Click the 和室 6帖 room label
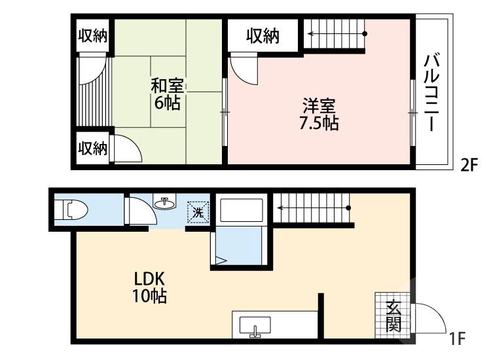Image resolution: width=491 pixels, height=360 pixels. [168, 94]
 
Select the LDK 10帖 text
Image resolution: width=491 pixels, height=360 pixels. [150, 287]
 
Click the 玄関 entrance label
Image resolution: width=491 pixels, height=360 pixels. [393, 315]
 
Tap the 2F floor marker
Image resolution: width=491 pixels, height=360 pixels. [469, 165]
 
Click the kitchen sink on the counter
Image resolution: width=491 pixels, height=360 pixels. [255, 325]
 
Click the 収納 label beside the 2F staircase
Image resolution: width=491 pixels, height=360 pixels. [263, 37]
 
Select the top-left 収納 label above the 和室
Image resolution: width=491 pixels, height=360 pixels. [93, 35]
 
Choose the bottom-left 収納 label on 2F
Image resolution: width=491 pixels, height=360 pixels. [93, 149]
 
